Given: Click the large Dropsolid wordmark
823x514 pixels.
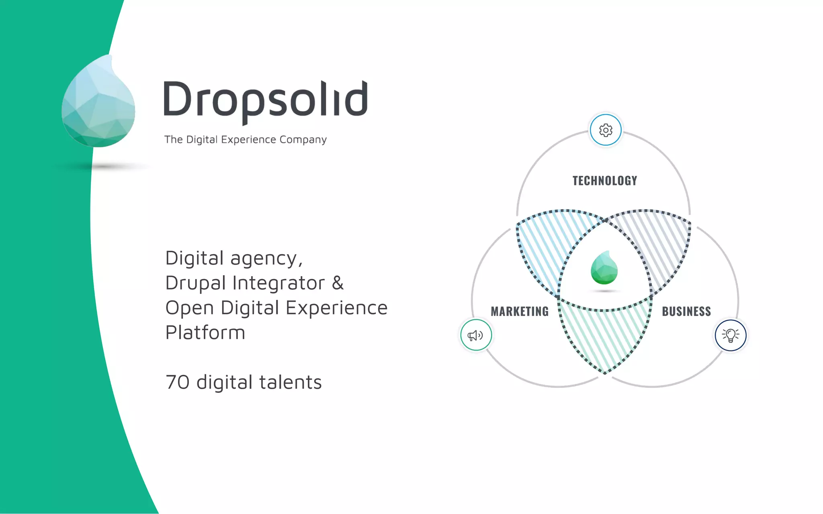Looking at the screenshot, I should [x=265, y=100].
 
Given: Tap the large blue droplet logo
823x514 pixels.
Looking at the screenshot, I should [x=98, y=102].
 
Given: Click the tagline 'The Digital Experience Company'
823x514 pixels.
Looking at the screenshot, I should [x=245, y=139].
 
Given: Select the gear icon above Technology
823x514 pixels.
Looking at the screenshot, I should [x=606, y=130].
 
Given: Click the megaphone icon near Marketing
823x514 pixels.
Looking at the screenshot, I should [x=476, y=335].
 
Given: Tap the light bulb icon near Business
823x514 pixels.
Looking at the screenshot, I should [x=730, y=335].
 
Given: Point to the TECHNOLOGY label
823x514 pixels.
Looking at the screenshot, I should [x=605, y=181].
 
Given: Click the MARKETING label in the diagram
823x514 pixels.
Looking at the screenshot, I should [x=520, y=311].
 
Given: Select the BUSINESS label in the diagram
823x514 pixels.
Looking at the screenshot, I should [x=686, y=311].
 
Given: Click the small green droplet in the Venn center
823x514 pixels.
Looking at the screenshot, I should [x=604, y=268].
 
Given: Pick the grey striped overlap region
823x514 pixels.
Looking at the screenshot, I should [x=659, y=249].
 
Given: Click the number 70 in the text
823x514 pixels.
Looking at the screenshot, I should [x=177, y=382].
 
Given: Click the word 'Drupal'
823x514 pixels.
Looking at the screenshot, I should [x=195, y=283].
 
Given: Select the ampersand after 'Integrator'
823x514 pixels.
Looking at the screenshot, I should [x=338, y=283].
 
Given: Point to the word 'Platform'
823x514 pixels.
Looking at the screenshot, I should [x=205, y=333].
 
